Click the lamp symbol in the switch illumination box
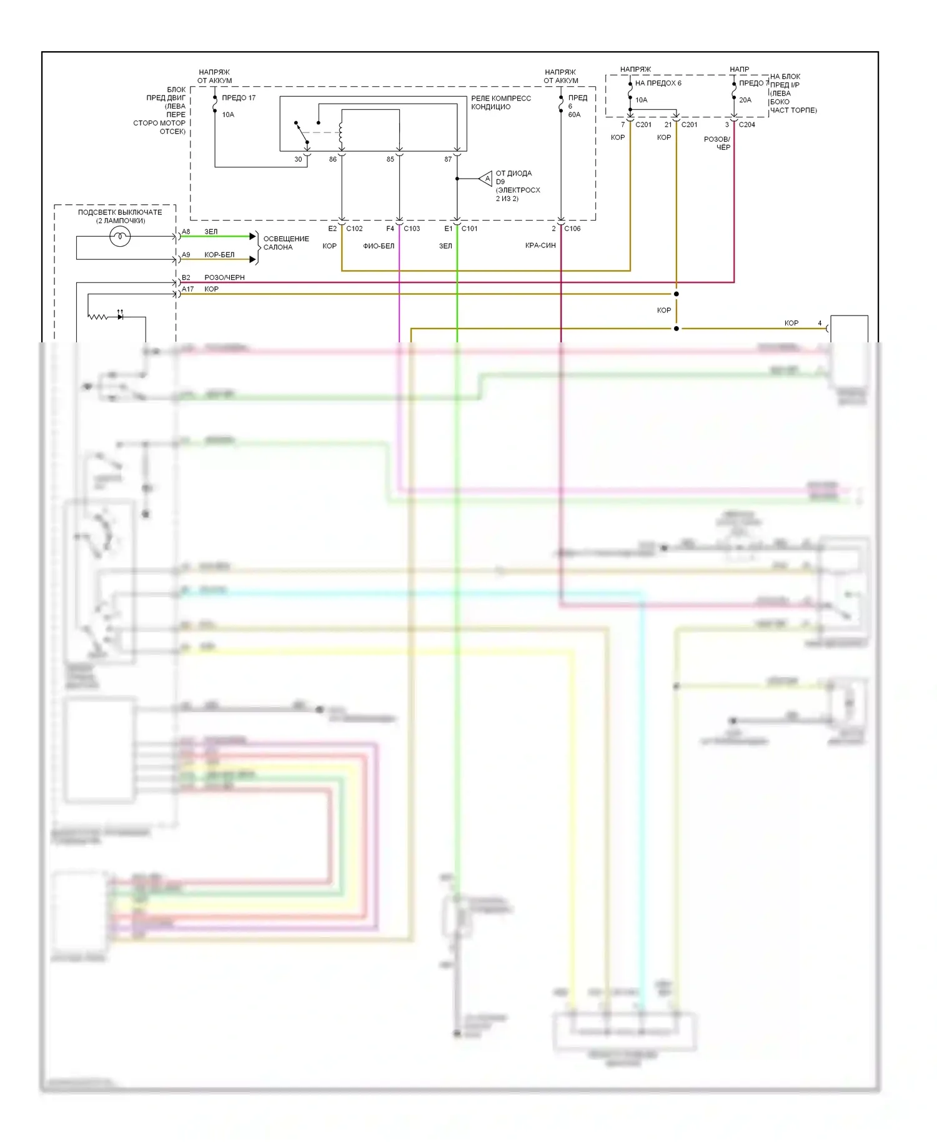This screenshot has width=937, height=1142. tap(120, 236)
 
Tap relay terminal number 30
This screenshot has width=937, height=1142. tap(298, 159)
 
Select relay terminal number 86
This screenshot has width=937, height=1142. tap(333, 159)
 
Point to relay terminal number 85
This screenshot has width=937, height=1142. tap(390, 159)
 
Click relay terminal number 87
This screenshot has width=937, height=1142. tap(448, 159)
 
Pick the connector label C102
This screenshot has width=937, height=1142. tap(354, 229)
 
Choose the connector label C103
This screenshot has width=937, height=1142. tap(412, 229)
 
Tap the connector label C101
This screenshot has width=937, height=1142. tap(469, 229)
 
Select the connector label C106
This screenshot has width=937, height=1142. tap(572, 229)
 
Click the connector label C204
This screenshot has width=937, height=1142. tap(746, 125)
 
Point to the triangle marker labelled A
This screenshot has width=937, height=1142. tap(486, 179)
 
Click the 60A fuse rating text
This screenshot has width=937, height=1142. tap(574, 115)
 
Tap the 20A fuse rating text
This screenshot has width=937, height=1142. tap(745, 100)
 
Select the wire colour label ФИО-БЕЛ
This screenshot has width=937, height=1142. tap(379, 246)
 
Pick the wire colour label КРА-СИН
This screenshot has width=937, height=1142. tap(540, 246)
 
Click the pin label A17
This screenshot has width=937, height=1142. tap(187, 289)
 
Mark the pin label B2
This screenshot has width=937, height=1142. tap(186, 277)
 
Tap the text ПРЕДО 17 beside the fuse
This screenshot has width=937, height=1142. tap(239, 98)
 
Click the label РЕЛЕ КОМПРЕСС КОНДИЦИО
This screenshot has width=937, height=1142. tap(501, 102)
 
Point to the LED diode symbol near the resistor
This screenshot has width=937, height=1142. tap(120, 317)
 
